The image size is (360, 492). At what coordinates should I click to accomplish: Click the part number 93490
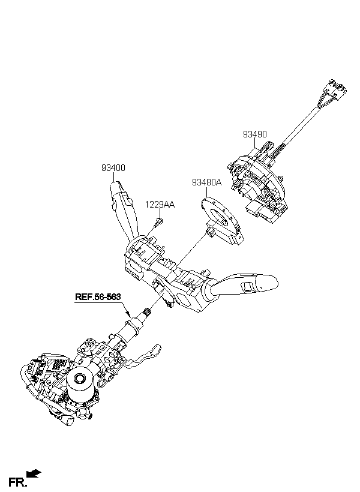click(x=254, y=134)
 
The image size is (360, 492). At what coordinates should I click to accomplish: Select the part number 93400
click(x=113, y=168)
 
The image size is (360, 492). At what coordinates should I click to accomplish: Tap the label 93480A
click(x=206, y=182)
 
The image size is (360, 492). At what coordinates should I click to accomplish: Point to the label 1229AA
click(x=160, y=205)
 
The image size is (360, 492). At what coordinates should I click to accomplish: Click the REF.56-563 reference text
click(x=98, y=296)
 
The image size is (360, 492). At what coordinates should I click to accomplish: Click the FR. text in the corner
click(x=17, y=482)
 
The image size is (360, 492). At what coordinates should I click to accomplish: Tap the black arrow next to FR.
click(x=34, y=473)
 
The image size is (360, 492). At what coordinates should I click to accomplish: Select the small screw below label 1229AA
click(x=158, y=223)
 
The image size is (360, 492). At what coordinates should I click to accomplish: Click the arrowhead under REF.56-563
click(x=127, y=313)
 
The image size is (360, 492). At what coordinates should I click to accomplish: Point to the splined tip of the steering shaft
click(x=147, y=312)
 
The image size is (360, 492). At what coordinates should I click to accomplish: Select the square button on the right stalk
click(x=247, y=286)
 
